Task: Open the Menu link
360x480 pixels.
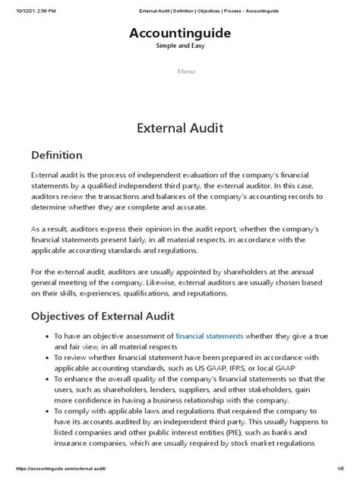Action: coord(186,71)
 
